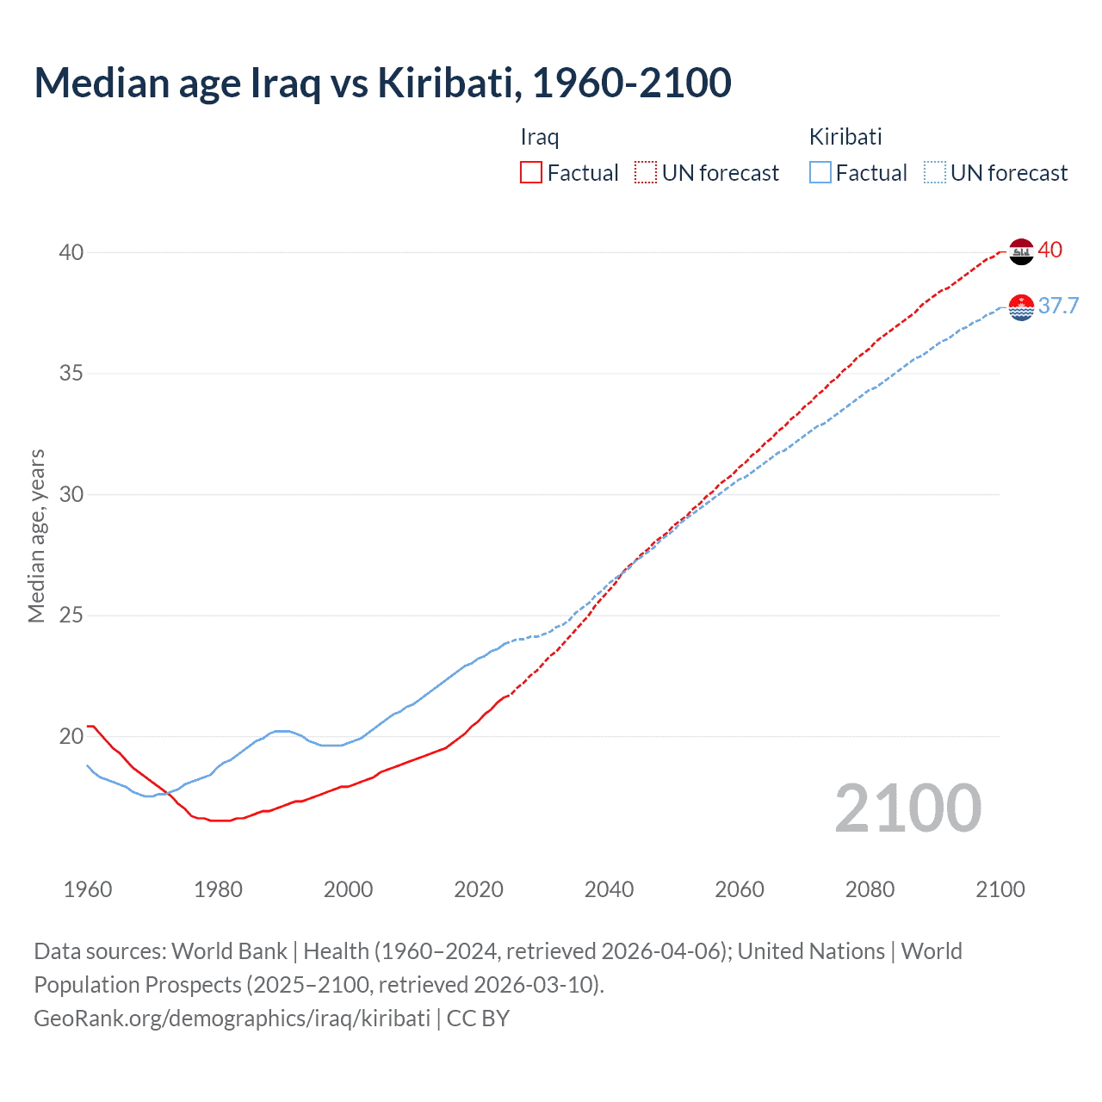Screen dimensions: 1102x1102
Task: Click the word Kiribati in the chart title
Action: [448, 83]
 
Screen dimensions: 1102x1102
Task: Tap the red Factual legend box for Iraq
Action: [531, 173]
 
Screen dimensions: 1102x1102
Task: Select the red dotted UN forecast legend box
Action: [646, 173]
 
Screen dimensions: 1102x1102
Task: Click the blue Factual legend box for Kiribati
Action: [820, 173]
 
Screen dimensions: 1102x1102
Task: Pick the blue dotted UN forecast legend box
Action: [935, 173]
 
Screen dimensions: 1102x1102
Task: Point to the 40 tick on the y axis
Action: [71, 252]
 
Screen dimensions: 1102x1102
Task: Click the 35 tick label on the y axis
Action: [71, 374]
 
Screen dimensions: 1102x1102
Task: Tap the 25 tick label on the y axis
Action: [71, 616]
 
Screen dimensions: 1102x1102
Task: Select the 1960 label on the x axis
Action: [88, 889]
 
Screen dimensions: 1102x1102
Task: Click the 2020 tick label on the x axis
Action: [479, 889]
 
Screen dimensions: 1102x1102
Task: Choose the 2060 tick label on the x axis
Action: [740, 889]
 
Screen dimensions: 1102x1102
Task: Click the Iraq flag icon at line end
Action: [1021, 251]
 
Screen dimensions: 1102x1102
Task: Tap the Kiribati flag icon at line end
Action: [1021, 307]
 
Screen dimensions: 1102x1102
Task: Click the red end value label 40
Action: [1050, 251]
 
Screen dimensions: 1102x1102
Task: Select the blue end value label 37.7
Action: [1058, 306]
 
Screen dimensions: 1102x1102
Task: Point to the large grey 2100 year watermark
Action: [908, 808]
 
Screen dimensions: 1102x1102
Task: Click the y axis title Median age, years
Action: [37, 536]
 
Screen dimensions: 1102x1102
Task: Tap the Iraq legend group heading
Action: [540, 137]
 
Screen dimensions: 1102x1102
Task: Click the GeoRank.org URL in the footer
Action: [232, 1018]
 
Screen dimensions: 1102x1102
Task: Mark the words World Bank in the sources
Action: [229, 951]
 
